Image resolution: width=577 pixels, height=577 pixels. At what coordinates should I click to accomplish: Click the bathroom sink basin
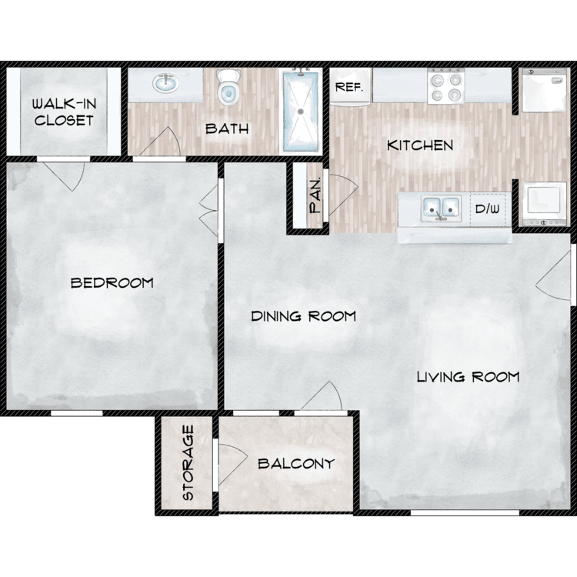165,83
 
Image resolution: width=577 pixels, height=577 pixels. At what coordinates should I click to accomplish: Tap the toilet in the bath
228,86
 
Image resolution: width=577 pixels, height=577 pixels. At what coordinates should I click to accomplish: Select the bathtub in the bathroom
300,112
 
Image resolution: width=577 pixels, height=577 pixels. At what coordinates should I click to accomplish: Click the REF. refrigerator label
349,88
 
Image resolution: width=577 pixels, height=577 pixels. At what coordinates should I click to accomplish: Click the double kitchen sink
441,208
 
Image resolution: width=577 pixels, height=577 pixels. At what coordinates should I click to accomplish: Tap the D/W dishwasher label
488,209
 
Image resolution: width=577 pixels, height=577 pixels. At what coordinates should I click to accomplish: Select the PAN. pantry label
315,195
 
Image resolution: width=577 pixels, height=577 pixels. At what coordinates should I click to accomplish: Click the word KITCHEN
420,145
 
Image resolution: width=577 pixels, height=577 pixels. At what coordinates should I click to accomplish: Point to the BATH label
227,128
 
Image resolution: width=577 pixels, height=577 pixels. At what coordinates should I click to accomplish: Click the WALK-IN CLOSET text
64,112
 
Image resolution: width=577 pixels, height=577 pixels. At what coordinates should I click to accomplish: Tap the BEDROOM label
112,282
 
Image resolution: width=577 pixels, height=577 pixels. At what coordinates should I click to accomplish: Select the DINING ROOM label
303,316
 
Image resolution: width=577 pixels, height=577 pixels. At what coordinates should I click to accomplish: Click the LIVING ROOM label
468,377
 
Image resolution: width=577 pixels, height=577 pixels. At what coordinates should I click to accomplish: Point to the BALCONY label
296,463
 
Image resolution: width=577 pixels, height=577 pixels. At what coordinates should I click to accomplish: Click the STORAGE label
188,462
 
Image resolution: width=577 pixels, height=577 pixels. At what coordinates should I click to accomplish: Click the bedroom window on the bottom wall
76,413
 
